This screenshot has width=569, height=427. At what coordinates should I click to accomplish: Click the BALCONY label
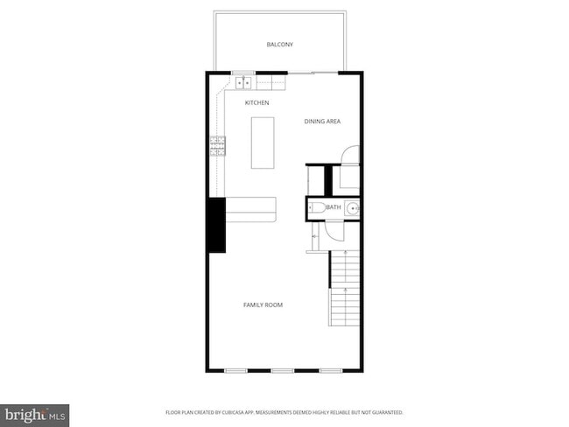pos(279,44)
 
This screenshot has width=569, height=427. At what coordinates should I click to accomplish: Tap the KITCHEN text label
pos(256,103)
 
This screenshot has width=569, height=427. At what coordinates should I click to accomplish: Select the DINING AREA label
pos(322,121)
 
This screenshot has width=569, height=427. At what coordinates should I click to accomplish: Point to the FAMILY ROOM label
pos(263,304)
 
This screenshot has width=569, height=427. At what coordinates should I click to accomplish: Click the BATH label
pos(333,207)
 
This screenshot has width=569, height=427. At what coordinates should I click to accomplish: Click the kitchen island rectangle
pos(263,142)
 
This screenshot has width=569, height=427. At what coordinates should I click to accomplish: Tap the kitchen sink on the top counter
pos(243,83)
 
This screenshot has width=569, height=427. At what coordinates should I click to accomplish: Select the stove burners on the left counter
pos(217,146)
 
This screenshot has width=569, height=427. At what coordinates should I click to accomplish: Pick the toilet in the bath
pos(316,207)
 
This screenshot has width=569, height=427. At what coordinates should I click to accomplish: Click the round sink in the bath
pos(352,207)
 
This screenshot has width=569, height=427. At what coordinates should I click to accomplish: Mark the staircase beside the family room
pos(344,289)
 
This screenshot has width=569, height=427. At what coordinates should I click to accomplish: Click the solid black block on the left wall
pos(216,226)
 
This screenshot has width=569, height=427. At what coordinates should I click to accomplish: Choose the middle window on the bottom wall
pos(282,370)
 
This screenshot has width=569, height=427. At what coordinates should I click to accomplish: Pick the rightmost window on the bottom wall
pos(330,370)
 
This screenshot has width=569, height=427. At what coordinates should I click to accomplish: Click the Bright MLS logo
pos(35,413)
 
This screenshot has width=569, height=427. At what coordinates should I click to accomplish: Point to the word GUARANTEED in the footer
pos(384,411)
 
